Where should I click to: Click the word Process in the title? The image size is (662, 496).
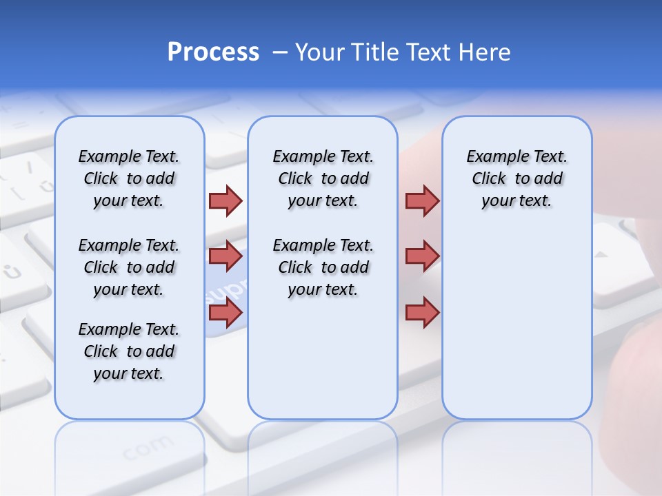(x=213, y=52)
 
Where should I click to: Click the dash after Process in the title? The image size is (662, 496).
(x=280, y=53)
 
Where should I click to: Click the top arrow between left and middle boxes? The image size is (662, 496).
(x=225, y=200)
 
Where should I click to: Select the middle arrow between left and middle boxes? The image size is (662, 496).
(x=225, y=256)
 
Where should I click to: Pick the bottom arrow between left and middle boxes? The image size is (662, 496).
(x=225, y=313)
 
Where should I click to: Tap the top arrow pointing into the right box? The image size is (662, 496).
(x=422, y=200)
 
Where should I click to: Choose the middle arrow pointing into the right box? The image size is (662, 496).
(x=422, y=256)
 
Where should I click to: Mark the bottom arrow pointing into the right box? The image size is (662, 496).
(x=422, y=313)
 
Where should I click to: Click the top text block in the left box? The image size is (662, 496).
(x=129, y=178)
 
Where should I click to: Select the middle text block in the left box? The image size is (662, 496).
(x=129, y=267)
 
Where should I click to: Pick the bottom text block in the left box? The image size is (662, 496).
(x=129, y=351)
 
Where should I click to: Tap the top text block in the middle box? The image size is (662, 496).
(x=323, y=178)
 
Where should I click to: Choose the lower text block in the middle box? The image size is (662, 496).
(x=323, y=267)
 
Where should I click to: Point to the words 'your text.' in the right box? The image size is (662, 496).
(x=516, y=201)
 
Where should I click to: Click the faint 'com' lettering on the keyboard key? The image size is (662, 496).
(x=148, y=448)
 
